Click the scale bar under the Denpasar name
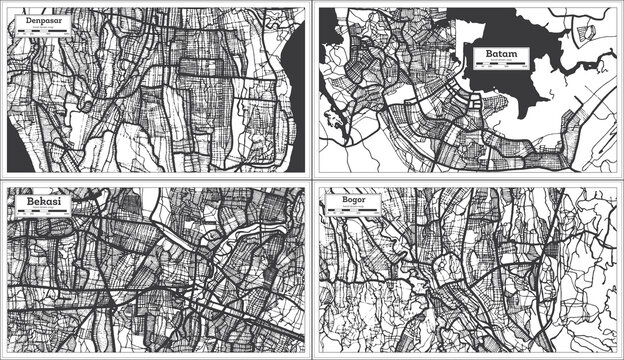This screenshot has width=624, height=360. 38,30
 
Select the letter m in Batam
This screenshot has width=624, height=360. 515,53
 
